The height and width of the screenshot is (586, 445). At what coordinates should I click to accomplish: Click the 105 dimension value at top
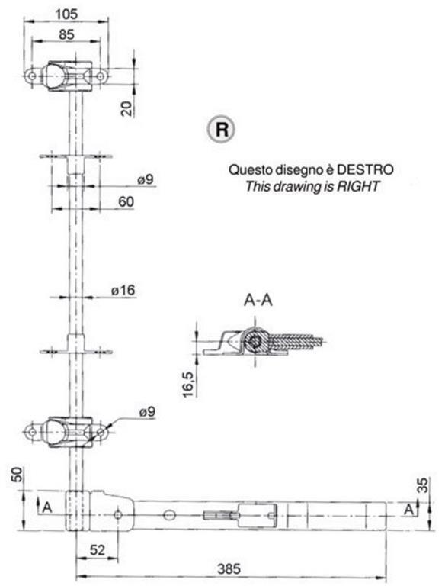(x=66, y=14)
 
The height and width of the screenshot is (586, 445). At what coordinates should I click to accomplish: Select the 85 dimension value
(x=66, y=34)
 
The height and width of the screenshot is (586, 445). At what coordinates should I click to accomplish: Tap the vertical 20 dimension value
(x=128, y=108)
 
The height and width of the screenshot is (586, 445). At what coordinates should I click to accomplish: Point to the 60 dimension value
(x=126, y=201)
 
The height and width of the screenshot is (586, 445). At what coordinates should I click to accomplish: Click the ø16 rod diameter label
(x=123, y=290)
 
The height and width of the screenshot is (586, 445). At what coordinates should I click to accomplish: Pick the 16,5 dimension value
(x=188, y=385)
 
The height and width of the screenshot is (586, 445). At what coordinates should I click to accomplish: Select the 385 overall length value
(x=229, y=569)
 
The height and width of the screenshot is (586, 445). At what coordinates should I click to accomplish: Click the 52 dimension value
(x=98, y=550)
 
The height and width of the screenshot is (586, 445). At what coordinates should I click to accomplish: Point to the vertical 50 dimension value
(x=18, y=475)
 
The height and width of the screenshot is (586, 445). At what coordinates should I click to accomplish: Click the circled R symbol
(x=222, y=130)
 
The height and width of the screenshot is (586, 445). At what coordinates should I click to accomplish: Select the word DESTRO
(x=365, y=169)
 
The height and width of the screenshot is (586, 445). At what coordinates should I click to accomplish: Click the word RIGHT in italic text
(x=358, y=185)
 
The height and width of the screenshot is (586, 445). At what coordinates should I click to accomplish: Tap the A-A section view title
(x=258, y=300)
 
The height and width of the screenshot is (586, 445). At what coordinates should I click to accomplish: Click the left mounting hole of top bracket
(x=32, y=76)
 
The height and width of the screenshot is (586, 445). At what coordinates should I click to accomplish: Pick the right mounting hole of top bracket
(x=101, y=76)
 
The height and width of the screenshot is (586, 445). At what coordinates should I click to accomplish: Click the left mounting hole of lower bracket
(x=33, y=432)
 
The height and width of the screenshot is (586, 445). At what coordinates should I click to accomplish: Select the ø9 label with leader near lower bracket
(x=148, y=412)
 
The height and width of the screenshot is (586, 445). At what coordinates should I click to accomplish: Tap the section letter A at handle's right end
(x=409, y=509)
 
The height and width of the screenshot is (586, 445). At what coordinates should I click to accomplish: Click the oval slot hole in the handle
(x=169, y=515)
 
